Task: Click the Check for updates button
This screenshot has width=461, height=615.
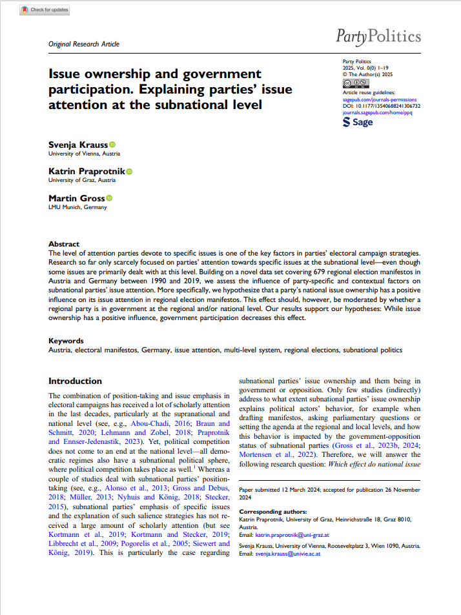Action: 45,10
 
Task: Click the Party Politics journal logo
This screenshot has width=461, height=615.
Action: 378,35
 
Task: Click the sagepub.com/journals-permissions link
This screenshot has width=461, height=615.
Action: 375,100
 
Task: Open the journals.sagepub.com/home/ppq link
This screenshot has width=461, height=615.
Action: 377,112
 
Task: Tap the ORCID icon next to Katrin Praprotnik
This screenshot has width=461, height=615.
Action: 128,171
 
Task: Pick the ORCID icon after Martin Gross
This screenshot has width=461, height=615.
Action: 108,198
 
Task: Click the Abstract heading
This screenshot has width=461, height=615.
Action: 63,244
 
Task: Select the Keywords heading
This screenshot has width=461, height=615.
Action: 66,341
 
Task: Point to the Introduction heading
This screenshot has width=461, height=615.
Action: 75,381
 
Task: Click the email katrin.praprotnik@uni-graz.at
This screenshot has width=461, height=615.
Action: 283,534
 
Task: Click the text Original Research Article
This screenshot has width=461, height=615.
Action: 84,44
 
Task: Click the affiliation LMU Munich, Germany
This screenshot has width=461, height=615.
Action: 77,207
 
